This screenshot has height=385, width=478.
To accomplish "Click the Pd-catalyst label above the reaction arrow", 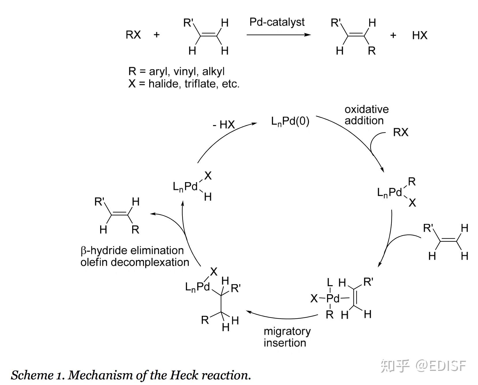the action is pyautogui.click(x=277, y=22).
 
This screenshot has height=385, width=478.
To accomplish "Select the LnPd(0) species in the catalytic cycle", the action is pyautogui.click(x=290, y=121).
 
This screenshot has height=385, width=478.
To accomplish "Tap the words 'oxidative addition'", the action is pyautogui.click(x=367, y=115).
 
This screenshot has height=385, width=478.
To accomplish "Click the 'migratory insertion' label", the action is pyautogui.click(x=287, y=337).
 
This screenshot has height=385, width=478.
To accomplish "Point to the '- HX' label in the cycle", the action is pyautogui.click(x=224, y=124).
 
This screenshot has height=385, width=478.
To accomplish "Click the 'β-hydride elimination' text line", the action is pyautogui.click(x=132, y=250).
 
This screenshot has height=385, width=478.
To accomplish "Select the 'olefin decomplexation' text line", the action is pyautogui.click(x=135, y=262).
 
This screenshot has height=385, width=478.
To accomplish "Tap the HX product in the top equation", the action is pyautogui.click(x=420, y=35).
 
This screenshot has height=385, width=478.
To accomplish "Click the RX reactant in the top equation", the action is pyautogui.click(x=133, y=35).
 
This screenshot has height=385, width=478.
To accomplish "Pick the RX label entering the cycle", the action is pyautogui.click(x=401, y=132).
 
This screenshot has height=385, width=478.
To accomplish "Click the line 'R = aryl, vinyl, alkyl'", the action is pyautogui.click(x=176, y=71).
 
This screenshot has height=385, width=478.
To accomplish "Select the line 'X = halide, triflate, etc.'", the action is pyautogui.click(x=184, y=84).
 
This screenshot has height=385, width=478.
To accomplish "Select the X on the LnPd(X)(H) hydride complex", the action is pyautogui.click(x=208, y=175).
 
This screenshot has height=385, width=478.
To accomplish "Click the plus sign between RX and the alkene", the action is pyautogui.click(x=157, y=35).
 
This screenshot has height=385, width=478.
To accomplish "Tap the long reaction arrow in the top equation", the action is pyautogui.click(x=279, y=35).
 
